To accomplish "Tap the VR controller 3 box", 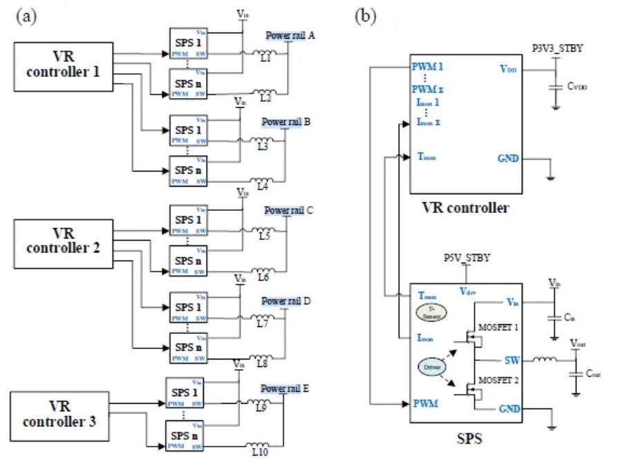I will (x=59, y=415).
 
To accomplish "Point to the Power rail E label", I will (x=285, y=388).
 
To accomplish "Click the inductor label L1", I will (x=263, y=62).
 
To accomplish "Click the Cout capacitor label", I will (x=593, y=373).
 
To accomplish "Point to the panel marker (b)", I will (x=365, y=17).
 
